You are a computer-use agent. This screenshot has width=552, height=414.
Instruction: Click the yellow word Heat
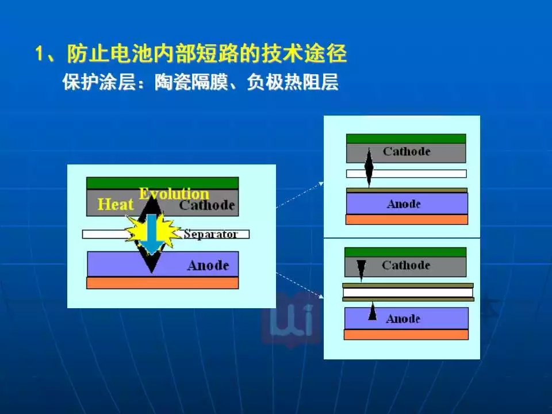[x=116, y=204]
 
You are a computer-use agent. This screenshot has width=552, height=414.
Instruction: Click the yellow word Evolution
[x=174, y=194]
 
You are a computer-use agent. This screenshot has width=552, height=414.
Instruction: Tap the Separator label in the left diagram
[x=210, y=234]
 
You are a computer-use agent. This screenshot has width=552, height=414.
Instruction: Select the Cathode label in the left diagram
[x=207, y=205]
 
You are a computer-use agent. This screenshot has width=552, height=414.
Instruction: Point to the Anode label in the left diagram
[x=208, y=265]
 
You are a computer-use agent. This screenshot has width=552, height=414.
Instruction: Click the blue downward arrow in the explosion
[x=151, y=234]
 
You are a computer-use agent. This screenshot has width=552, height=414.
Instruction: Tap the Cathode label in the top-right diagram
[x=407, y=151]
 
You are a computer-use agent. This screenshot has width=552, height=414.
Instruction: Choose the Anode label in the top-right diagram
[x=404, y=204]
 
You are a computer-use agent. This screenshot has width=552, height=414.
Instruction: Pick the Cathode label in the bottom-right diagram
[x=406, y=265]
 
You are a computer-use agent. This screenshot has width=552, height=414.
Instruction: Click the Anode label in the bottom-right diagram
[x=403, y=319]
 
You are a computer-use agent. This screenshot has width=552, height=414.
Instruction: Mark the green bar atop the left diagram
[x=162, y=183]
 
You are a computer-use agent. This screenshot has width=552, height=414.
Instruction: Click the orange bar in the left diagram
[x=162, y=283]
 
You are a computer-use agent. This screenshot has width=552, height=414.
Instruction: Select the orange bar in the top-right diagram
[x=407, y=220]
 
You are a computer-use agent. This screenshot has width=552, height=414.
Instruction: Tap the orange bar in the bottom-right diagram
[x=406, y=335]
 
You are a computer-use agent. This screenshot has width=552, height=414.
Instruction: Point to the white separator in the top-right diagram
[x=407, y=174]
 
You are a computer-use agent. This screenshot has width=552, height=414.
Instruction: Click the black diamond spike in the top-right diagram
[x=369, y=167]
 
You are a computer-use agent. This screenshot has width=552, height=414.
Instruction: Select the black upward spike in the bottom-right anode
[x=373, y=311]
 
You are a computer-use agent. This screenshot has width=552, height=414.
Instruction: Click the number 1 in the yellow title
[x=40, y=54]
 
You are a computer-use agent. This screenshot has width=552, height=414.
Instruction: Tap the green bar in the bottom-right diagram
[x=405, y=252]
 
